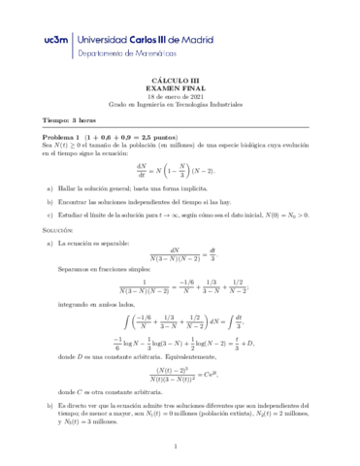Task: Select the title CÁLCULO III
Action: pos(180,84)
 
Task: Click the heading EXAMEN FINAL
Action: pos(180,93)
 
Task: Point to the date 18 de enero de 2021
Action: pos(180,102)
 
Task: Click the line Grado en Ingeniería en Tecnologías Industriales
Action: pos(180,111)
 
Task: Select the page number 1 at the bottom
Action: pos(180,447)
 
